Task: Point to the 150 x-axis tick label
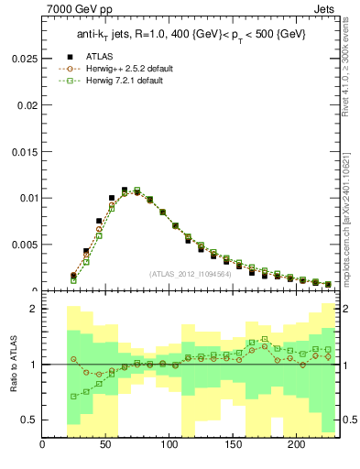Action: pos(233,446)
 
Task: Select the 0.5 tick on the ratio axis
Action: pos(29,420)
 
